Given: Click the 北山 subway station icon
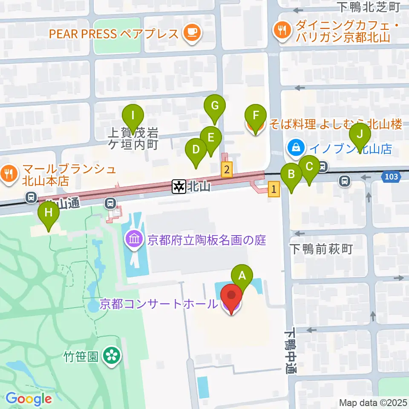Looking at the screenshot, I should pyautogui.click(x=179, y=186).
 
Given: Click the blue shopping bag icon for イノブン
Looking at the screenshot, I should pyautogui.click(x=295, y=148).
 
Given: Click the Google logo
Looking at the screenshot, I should pyautogui.click(x=29, y=399).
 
